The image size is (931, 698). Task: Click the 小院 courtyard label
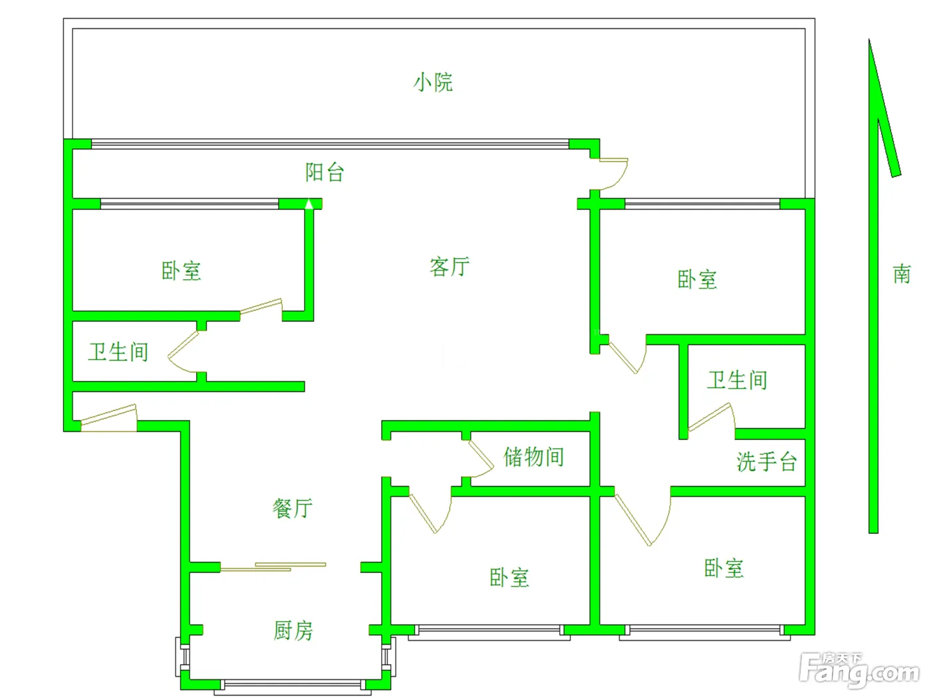click(433, 82)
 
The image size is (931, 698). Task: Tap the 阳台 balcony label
click(325, 172)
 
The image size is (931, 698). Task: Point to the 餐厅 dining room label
click(293, 508)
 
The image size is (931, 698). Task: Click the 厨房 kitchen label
click(293, 630)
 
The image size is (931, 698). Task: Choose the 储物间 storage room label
click(533, 457)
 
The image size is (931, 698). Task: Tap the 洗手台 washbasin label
click(767, 461)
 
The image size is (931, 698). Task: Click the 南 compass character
click(902, 274)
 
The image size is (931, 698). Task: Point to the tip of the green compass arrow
click(869, 39)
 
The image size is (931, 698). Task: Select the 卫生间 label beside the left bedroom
click(118, 352)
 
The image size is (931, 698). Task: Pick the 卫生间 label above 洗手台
click(737, 380)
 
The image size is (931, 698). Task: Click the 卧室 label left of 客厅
click(181, 271)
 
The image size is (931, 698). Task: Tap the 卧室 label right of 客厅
click(698, 279)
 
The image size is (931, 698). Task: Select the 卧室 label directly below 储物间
click(509, 578)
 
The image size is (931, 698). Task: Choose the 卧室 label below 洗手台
click(724, 568)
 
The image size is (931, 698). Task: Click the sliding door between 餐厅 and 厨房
click(273, 566)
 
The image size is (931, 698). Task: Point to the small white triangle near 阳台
click(309, 204)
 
